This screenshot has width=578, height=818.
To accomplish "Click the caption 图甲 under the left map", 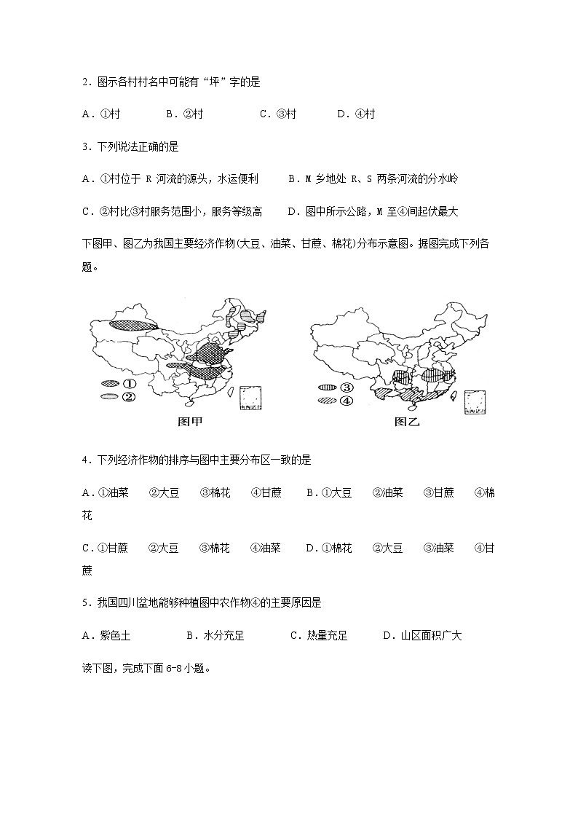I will point(190,422).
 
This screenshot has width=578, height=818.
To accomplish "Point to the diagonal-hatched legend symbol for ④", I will point(327,401).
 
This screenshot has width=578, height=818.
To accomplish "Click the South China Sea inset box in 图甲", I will point(252,398).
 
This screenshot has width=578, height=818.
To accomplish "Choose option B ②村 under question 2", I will point(184,114).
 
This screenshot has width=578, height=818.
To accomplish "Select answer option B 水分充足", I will point(215,636).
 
